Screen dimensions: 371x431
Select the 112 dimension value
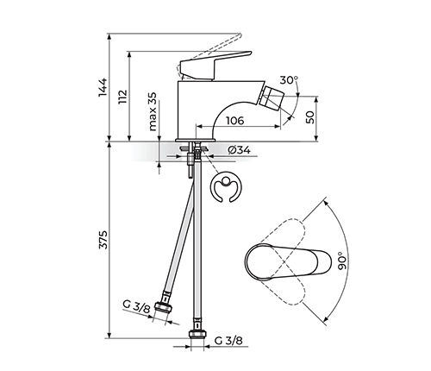tap(122, 97)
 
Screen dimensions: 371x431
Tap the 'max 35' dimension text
tap(153, 113)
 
